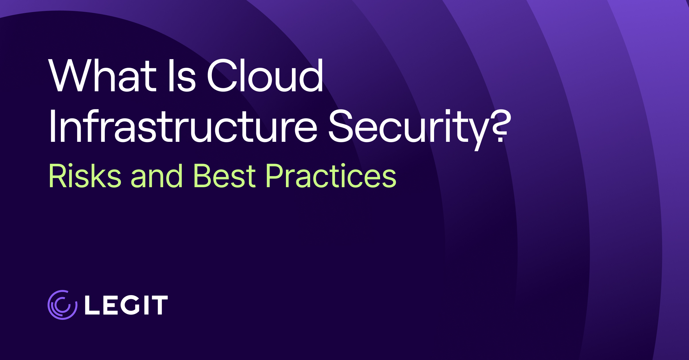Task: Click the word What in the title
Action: pos(102,75)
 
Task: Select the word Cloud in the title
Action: pos(265,75)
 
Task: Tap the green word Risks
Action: pos(85,175)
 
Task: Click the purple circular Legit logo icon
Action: pos(62,305)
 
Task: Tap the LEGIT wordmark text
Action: pos(126,305)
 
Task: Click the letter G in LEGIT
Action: pos(130,305)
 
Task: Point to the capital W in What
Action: pos(70,75)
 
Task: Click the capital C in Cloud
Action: pos(222,75)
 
